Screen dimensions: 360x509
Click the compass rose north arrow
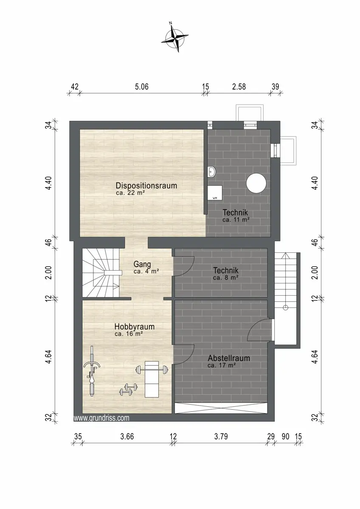(x=174, y=37)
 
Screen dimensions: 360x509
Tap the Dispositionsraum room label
(x=146, y=185)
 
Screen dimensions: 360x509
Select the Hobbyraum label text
(x=135, y=327)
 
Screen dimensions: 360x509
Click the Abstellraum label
(x=229, y=358)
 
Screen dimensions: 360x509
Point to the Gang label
(x=142, y=264)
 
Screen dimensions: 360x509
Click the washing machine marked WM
(x=215, y=193)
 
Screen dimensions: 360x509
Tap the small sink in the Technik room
(x=211, y=171)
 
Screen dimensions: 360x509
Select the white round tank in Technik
(x=256, y=183)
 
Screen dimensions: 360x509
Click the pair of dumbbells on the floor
(x=129, y=389)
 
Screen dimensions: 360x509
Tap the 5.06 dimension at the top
(x=142, y=87)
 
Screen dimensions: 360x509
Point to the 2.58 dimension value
(x=239, y=87)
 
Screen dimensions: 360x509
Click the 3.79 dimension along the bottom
(x=221, y=436)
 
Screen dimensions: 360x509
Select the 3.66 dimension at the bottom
(x=127, y=436)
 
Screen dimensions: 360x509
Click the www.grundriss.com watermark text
(x=101, y=418)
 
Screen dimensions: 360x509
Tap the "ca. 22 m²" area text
(x=130, y=193)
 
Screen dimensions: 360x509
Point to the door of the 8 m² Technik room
(x=184, y=266)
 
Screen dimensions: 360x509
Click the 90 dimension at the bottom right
(x=286, y=436)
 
